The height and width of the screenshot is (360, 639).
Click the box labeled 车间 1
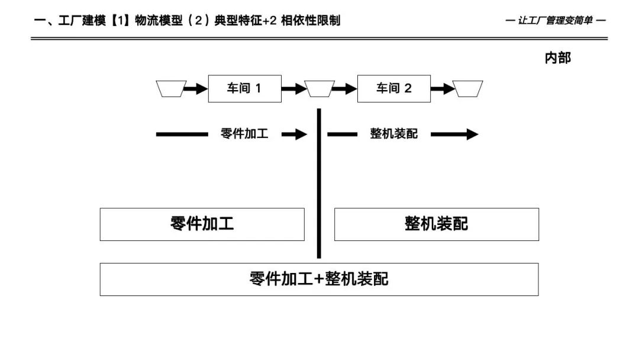244,89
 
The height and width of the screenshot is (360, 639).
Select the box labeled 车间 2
393,89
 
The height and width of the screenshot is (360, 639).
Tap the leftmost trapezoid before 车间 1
172,89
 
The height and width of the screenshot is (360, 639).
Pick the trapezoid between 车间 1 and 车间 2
319,89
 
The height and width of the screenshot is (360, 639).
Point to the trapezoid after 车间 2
468,89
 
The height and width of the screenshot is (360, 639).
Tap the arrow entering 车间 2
344,89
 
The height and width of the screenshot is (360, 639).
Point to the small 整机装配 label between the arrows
393,134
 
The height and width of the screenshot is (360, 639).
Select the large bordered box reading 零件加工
202,224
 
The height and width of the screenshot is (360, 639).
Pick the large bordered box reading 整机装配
436,224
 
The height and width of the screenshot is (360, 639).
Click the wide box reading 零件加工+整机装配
319,279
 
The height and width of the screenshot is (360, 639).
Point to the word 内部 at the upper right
557,58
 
